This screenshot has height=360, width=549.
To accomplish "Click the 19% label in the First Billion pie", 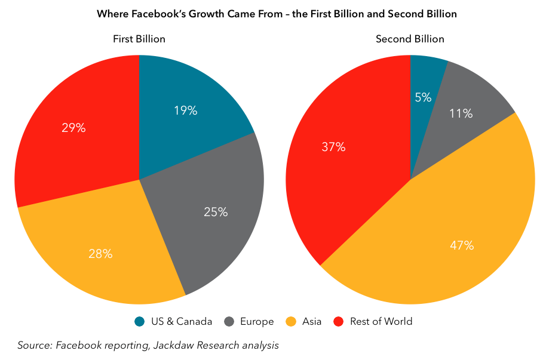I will [x=185, y=110].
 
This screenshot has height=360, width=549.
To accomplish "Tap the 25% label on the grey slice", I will [x=216, y=211].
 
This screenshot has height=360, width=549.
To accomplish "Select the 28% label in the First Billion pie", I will [x=100, y=254].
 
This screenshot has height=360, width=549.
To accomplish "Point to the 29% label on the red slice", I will [x=73, y=128].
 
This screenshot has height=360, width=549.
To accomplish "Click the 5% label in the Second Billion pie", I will [x=423, y=97].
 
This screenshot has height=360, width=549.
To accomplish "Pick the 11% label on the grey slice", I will [x=461, y=113].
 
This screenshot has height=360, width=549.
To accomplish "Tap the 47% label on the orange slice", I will [x=462, y=245].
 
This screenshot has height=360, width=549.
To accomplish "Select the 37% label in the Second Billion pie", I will [x=333, y=147].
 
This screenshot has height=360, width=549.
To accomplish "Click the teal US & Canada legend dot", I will [x=139, y=322].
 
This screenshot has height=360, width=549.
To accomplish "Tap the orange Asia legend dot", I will [x=292, y=322].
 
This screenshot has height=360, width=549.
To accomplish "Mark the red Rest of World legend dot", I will [x=339, y=322].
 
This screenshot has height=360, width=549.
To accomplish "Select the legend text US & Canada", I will [x=181, y=322].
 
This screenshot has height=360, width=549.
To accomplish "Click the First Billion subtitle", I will [x=139, y=39].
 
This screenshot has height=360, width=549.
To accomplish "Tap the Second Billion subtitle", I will [x=410, y=39].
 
